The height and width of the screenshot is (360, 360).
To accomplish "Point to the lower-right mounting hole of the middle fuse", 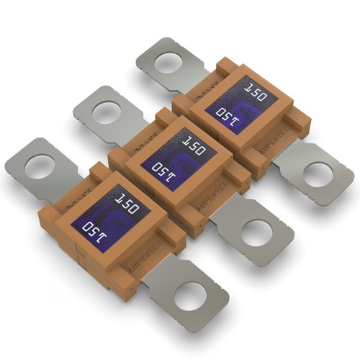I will pyautogui.click(x=256, y=233).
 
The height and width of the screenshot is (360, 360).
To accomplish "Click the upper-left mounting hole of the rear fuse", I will pyautogui.click(x=168, y=63).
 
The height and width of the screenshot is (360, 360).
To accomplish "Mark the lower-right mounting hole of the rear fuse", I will pyautogui.click(x=317, y=174).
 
